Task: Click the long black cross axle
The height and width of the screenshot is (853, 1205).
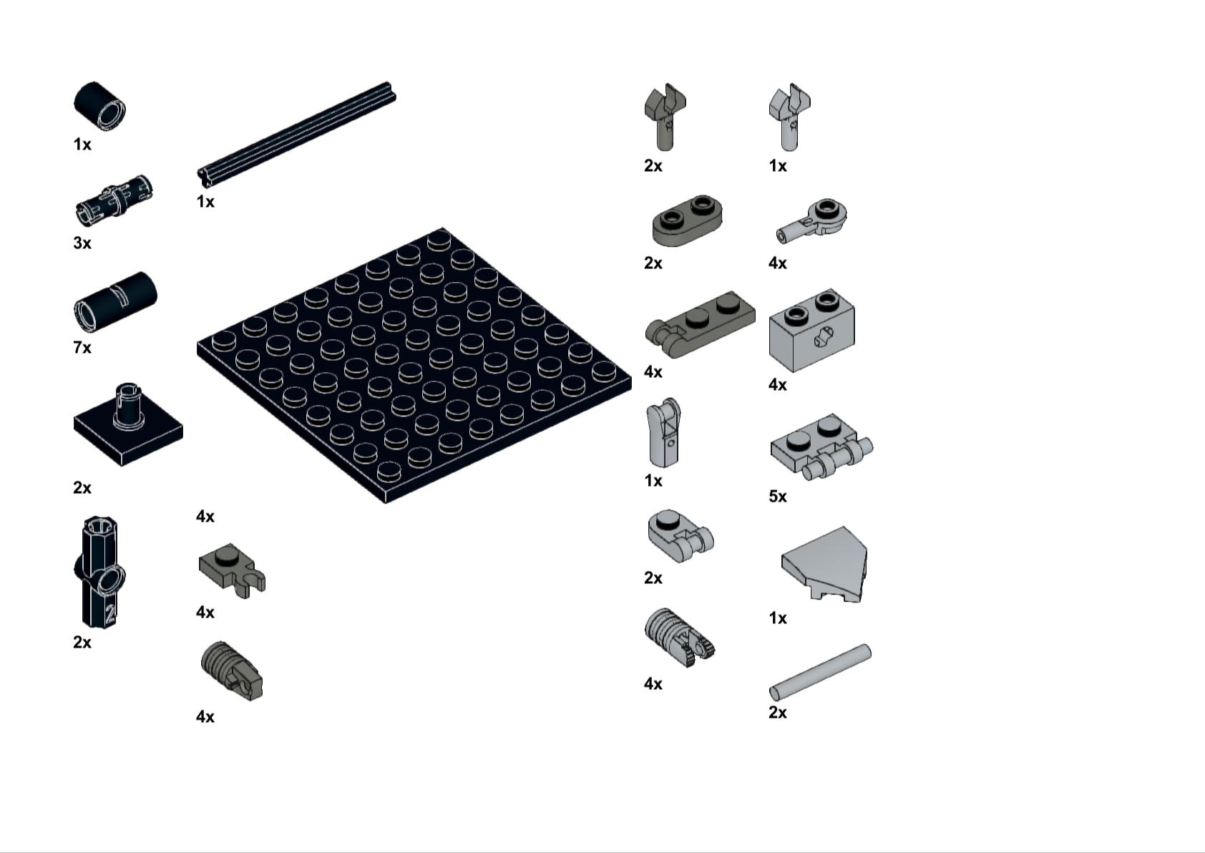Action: click(x=296, y=135)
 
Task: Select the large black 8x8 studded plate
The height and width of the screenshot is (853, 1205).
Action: click(x=414, y=366)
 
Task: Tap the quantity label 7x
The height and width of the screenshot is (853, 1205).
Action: click(x=82, y=348)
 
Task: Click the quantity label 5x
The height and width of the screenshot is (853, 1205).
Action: click(x=778, y=497)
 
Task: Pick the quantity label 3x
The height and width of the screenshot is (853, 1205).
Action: click(x=82, y=243)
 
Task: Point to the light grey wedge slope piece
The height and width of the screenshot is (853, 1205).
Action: click(x=824, y=564)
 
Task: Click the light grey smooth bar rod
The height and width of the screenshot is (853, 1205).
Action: click(x=820, y=672)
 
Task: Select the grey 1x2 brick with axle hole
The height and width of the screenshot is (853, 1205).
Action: click(x=811, y=330)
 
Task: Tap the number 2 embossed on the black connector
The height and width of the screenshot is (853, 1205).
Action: click(x=110, y=613)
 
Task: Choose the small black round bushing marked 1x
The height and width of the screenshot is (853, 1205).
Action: click(x=99, y=107)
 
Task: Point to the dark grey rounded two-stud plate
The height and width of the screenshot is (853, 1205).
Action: click(x=688, y=221)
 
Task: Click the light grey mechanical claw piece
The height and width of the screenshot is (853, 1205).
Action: click(x=789, y=117)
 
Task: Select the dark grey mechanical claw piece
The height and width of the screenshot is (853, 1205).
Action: click(x=665, y=117)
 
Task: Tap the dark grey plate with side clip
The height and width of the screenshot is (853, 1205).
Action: click(x=232, y=570)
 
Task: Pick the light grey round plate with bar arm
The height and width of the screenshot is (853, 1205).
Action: click(x=811, y=221)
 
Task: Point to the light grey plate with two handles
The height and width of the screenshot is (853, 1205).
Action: click(x=821, y=447)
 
